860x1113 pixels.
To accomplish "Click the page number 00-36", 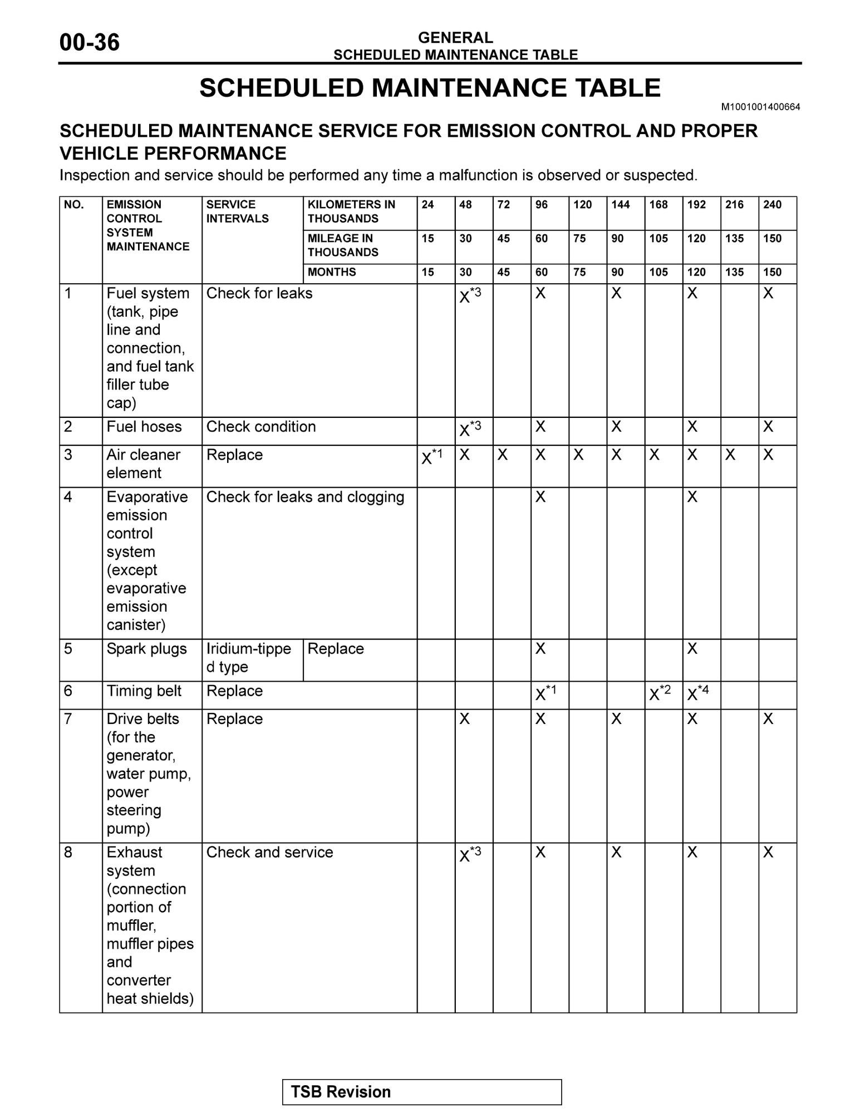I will [89, 43].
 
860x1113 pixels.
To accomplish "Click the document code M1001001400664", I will [760, 107].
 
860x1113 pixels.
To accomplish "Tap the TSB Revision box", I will [421, 1092].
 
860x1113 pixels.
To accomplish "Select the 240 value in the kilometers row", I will [772, 205].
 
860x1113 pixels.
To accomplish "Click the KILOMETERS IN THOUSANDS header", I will [351, 211].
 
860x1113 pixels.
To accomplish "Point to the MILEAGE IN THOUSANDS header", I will [343, 245].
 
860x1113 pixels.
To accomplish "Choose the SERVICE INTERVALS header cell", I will [238, 211].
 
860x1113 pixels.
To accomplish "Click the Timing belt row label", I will [144, 691].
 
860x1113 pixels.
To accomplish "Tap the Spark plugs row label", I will [146, 649].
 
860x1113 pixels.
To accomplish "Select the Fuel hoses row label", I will [144, 427].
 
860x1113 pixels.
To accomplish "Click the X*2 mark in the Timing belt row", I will [660, 693].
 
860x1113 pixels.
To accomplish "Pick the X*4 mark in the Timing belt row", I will [698, 693].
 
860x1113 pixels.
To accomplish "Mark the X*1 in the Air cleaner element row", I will [432, 456].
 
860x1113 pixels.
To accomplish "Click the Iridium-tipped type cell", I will [248, 658].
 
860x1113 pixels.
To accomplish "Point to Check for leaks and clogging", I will [305, 497].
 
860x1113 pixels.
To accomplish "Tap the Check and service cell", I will [269, 853].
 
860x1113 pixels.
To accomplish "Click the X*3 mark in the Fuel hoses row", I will [470, 429].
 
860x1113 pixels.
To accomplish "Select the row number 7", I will [68, 719].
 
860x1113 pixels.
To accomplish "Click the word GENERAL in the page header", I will [455, 38].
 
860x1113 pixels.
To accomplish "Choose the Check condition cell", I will [261, 427].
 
